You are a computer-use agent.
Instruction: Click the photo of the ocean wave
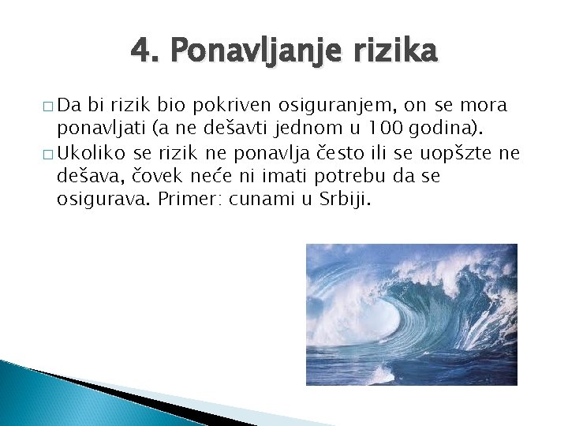411,315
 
